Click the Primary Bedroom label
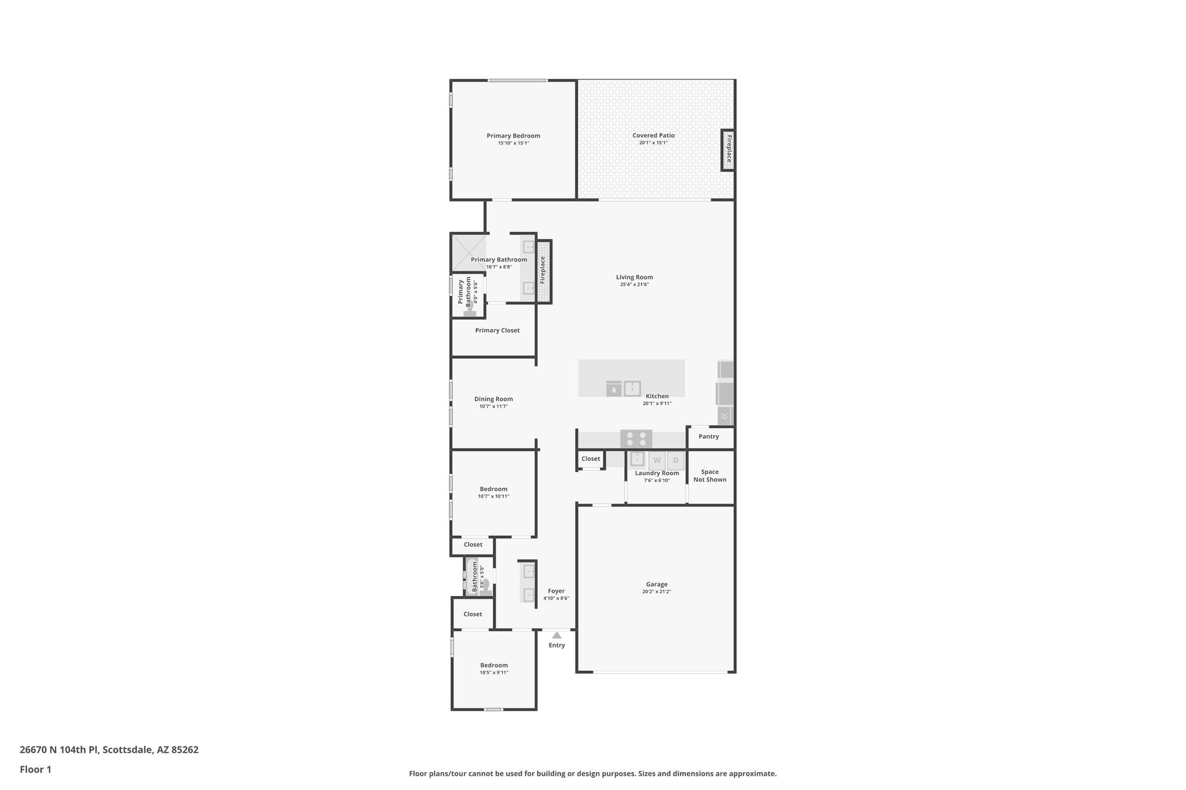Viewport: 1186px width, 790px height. (513, 136)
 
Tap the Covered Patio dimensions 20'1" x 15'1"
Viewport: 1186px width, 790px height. (653, 143)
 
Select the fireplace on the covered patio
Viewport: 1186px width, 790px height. (729, 150)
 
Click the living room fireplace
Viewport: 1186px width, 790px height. (543, 271)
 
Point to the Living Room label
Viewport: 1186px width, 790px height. (634, 277)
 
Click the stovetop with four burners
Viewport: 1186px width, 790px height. (636, 439)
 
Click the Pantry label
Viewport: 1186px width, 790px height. (708, 436)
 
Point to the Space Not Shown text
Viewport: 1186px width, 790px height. (709, 476)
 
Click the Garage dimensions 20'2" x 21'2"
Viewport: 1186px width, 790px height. (656, 592)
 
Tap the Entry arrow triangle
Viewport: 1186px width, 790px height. (557, 635)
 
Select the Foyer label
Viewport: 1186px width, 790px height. (556, 591)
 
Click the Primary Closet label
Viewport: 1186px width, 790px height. (497, 330)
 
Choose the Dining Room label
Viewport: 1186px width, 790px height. (493, 399)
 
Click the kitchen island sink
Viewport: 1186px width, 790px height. (632, 388)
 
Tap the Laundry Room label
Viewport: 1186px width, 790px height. (657, 473)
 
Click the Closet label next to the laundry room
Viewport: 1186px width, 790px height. (591, 459)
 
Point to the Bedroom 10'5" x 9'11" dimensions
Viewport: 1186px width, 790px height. (493, 673)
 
